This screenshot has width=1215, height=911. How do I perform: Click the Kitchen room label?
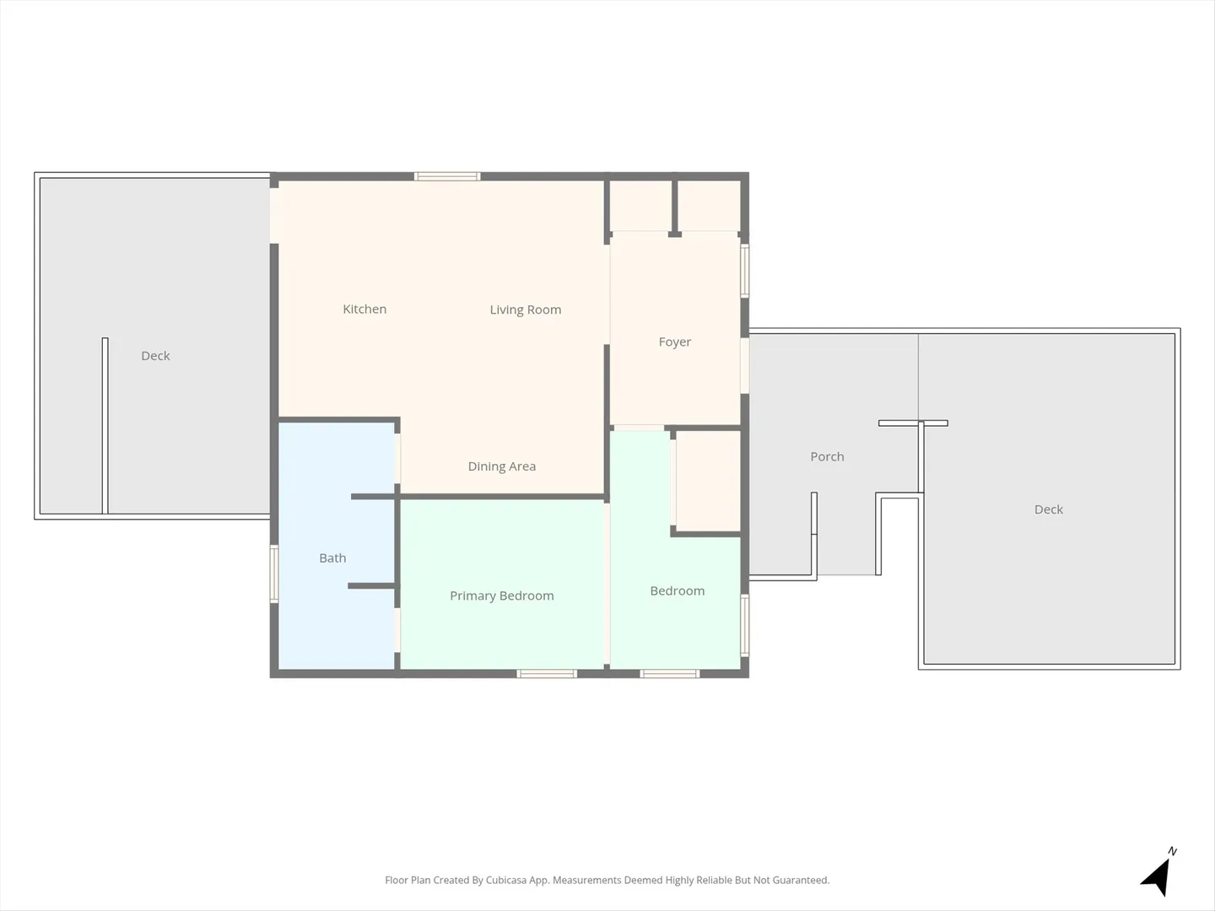coord(364,310)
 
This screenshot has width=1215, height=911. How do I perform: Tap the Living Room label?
coord(526,310)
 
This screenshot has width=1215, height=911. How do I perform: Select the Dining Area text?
coord(501,466)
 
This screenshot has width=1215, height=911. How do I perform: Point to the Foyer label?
coord(675,342)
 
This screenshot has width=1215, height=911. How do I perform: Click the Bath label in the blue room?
coord(332,558)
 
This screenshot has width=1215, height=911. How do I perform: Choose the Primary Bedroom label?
coord(501,596)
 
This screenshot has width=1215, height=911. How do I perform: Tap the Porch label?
coord(827,456)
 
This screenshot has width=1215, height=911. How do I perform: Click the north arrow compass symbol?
coord(1158,874)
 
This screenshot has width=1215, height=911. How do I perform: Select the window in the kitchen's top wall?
coord(447,176)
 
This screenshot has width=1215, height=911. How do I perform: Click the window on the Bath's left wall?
coord(274,574)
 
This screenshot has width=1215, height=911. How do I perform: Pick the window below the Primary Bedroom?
coord(547,673)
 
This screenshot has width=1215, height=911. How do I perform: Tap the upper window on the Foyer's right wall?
coord(745,271)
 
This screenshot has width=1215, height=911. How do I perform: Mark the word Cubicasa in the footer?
coord(506,880)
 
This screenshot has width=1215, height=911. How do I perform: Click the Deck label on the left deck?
coord(155,356)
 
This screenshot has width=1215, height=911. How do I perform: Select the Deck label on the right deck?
coord(1049,509)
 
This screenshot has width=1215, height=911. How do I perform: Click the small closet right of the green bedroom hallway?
coord(709,480)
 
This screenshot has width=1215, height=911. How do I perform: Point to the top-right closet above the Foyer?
coord(710,205)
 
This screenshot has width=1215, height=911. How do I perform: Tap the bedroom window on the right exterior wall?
coord(745,626)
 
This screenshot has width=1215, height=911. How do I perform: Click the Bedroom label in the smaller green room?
coord(677,590)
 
